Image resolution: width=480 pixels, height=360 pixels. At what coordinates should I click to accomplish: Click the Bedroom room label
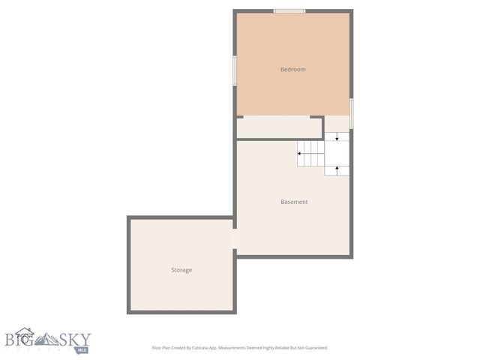tap(292, 70)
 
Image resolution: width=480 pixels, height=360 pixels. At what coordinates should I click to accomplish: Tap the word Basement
tap(294, 202)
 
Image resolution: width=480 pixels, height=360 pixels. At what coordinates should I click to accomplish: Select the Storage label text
tap(181, 270)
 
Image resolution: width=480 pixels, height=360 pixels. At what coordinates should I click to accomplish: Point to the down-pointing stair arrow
tap(337, 137)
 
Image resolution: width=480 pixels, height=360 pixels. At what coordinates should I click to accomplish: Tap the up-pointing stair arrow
tap(337, 169)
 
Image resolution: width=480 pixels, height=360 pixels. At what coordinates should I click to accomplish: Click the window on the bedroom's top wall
tap(289, 10)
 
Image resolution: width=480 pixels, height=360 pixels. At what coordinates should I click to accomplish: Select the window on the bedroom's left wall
tap(235, 70)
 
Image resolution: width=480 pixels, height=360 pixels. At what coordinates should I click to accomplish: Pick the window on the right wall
tap(351, 113)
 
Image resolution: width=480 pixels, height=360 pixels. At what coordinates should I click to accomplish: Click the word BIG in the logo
tap(20, 339)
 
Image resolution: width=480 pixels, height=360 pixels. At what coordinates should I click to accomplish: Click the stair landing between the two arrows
tap(337, 153)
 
